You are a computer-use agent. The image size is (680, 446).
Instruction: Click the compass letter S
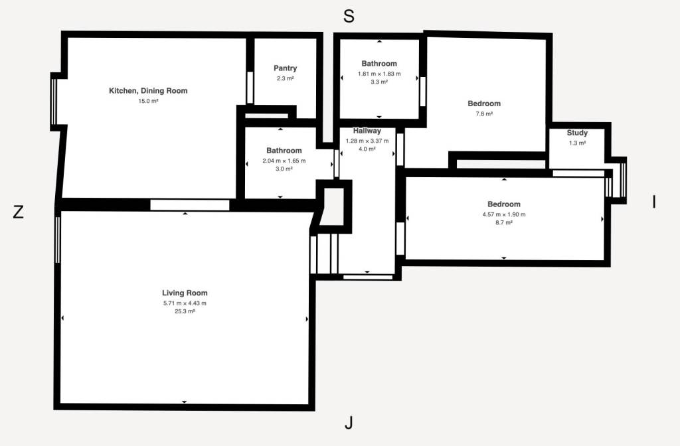[349, 16]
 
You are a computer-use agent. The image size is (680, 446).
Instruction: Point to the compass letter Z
[18, 212]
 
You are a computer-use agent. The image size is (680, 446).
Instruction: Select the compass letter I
[654, 202]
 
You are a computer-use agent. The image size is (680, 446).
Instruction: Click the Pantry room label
[286, 68]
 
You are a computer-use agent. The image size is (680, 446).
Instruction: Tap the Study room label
[577, 133]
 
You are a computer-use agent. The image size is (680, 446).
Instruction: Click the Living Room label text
[185, 293]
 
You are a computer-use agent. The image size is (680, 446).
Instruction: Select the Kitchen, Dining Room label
[148, 90]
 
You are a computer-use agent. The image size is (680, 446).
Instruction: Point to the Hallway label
[367, 131]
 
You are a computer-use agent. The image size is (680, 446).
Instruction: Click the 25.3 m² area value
[185, 311]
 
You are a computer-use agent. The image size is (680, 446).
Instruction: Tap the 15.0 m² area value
[148, 101]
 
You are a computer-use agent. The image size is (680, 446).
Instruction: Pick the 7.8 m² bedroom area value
[484, 113]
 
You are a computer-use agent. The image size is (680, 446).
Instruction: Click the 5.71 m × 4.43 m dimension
[185, 303]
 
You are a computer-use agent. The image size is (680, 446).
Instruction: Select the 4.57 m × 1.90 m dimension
[504, 214]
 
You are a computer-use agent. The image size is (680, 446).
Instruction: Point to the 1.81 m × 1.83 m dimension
[379, 74]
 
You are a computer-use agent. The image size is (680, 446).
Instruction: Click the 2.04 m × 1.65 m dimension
[284, 161]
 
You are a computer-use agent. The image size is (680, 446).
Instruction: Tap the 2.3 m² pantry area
[286, 78]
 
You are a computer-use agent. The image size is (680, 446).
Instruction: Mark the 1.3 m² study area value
[577, 143]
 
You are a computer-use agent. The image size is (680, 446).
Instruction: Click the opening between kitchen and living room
[189, 205]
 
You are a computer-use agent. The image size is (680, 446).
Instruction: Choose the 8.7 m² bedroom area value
[504, 222]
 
